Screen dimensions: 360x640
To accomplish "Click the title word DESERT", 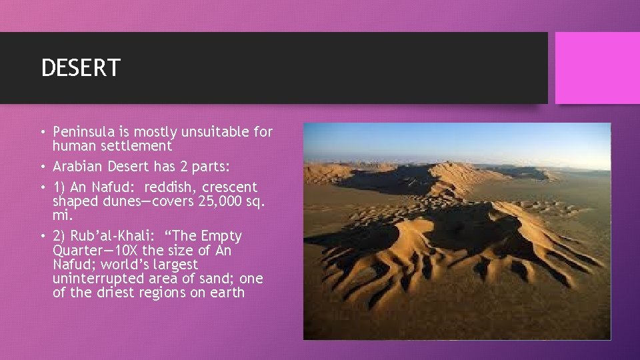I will coord(81,68).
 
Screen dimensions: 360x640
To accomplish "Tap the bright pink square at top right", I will coord(597,68).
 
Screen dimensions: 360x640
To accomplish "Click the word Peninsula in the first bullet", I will coord(83,132).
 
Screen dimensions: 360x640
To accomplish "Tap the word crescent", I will coord(230,187).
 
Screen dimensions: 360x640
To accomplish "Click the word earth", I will coord(227,293).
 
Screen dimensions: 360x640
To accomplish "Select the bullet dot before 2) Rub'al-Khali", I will coord(43,237).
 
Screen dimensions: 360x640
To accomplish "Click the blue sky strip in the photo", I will coord(457,140).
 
